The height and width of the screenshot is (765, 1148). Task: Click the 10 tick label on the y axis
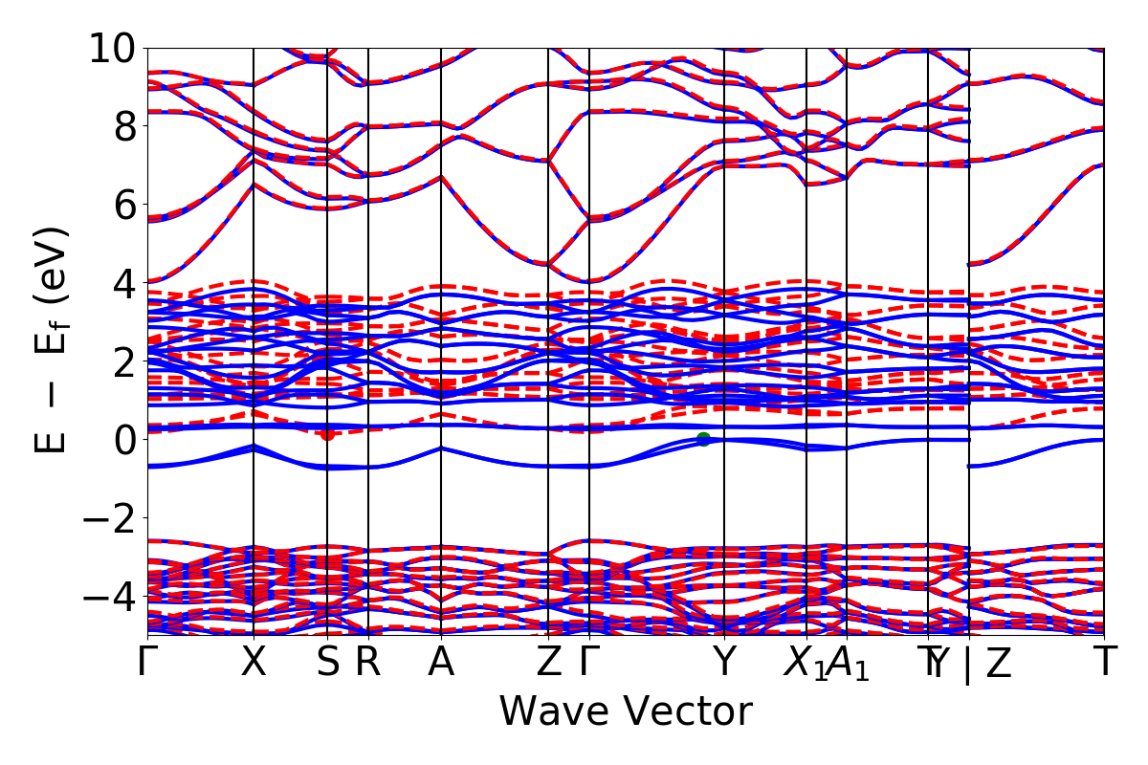[114, 47]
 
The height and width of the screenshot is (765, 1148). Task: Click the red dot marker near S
[327, 433]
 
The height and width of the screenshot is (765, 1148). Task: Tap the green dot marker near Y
[704, 439]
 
